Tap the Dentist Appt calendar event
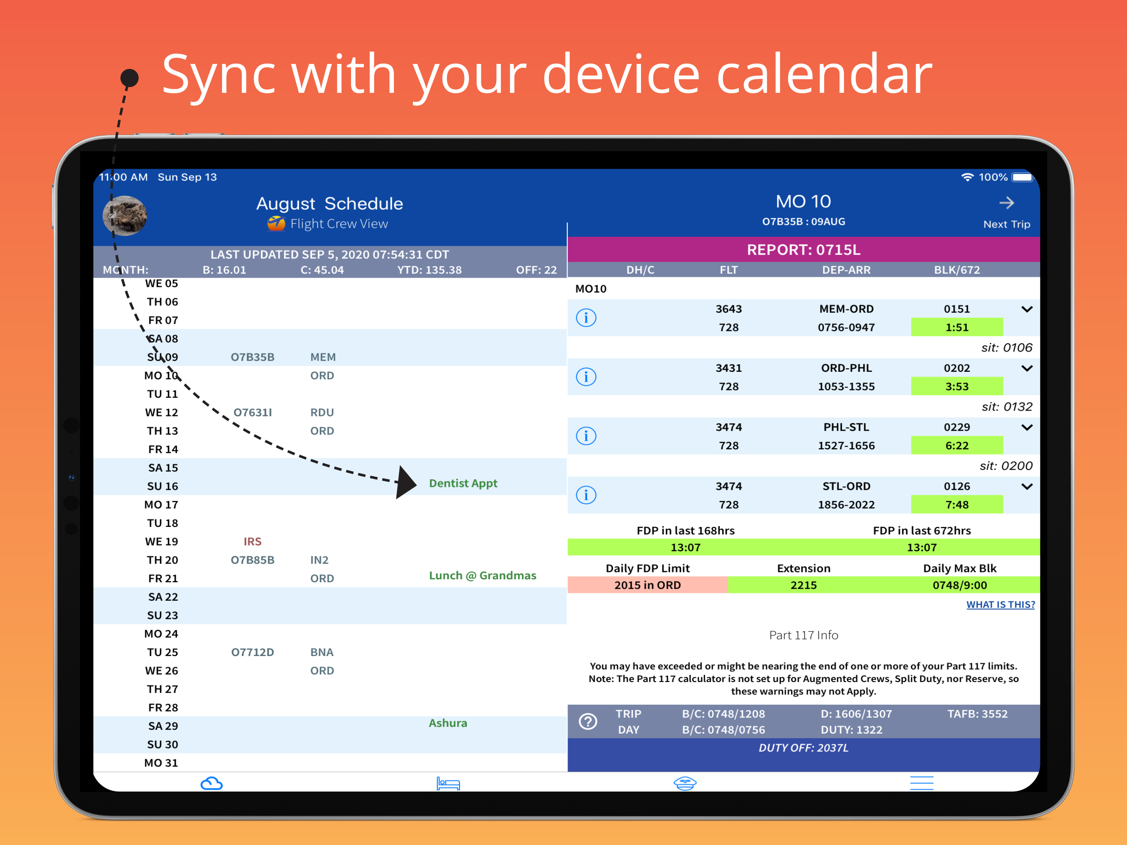(x=462, y=483)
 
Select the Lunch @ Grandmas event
(x=483, y=576)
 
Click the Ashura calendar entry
(x=448, y=723)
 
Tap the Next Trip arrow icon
(x=1006, y=203)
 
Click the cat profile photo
(x=125, y=215)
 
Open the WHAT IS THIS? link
(x=1000, y=604)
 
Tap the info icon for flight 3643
(x=586, y=318)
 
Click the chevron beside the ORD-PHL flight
(x=1027, y=368)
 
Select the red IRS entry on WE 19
(x=252, y=541)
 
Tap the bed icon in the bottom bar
(x=448, y=784)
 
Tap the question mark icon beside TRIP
(x=588, y=721)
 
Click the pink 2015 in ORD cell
(x=648, y=585)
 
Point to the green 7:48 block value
(x=957, y=505)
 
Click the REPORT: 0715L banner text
(x=804, y=250)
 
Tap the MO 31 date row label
(x=161, y=763)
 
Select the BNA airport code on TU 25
(x=322, y=652)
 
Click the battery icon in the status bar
(x=1023, y=177)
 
